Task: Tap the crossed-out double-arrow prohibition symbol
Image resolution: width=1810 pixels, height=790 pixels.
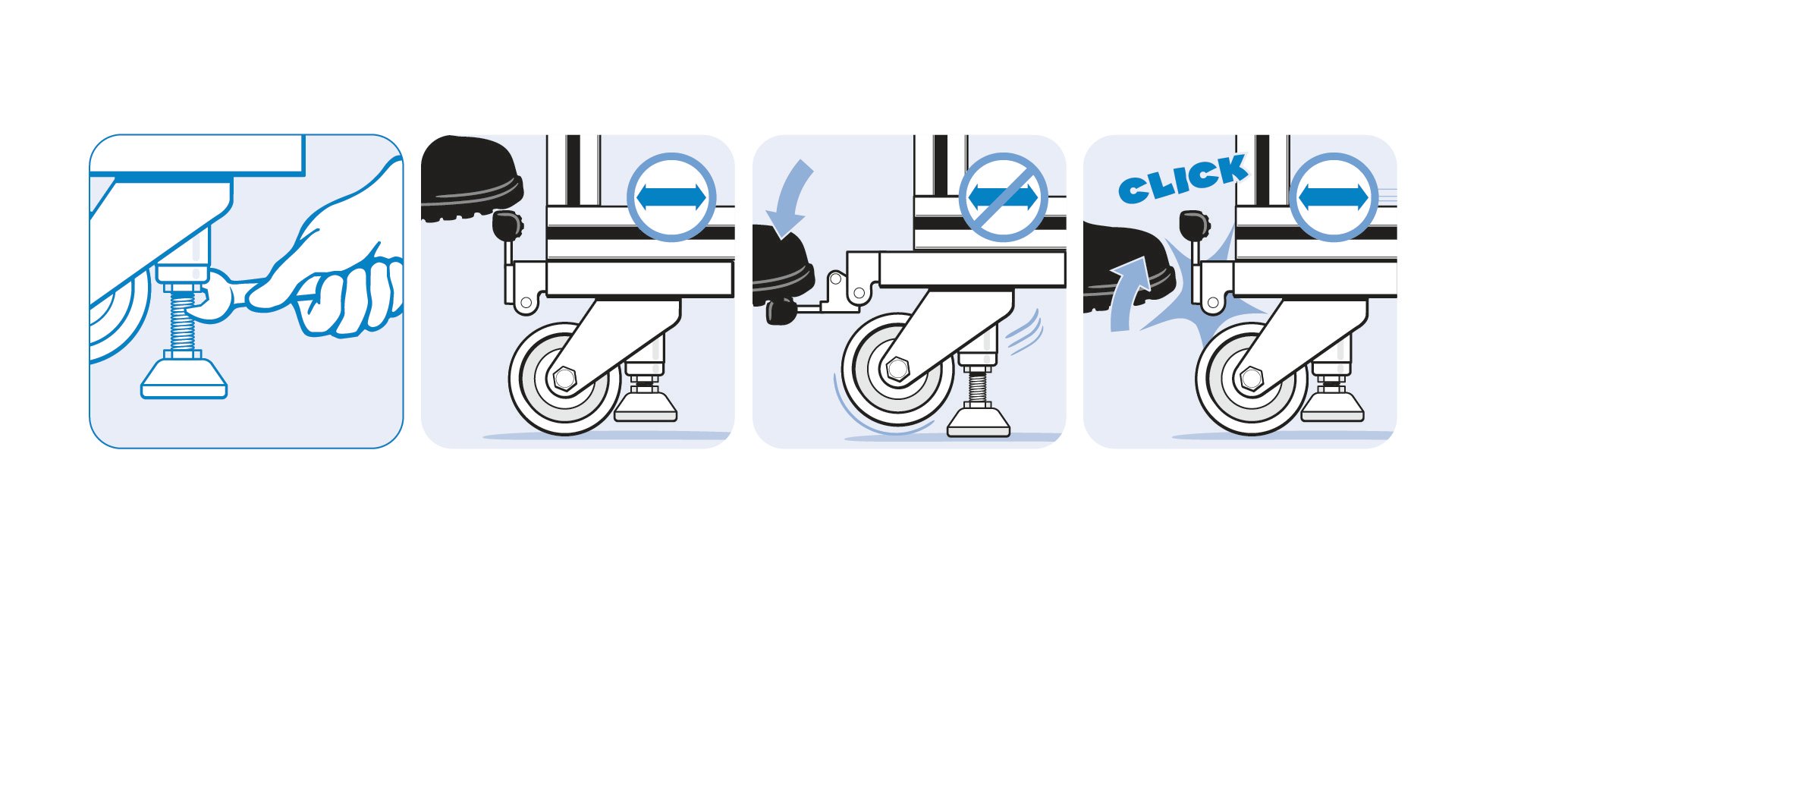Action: (x=1003, y=197)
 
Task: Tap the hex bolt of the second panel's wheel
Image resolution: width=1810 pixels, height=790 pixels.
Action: (x=564, y=378)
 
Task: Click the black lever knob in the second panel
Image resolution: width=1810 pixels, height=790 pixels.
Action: (x=507, y=225)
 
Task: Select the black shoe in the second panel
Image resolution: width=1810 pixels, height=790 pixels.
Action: (x=470, y=178)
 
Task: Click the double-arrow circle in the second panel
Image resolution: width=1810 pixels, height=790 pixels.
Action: (x=671, y=197)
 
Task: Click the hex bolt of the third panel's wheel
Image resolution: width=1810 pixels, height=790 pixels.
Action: (x=897, y=369)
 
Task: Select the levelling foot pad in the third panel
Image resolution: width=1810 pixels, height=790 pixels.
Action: (x=978, y=422)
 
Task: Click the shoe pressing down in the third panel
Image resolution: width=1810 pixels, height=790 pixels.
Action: (x=781, y=266)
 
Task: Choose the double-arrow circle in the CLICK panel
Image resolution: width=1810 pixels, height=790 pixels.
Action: (x=1334, y=197)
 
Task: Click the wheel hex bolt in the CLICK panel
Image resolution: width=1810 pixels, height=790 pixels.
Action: (x=1251, y=378)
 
